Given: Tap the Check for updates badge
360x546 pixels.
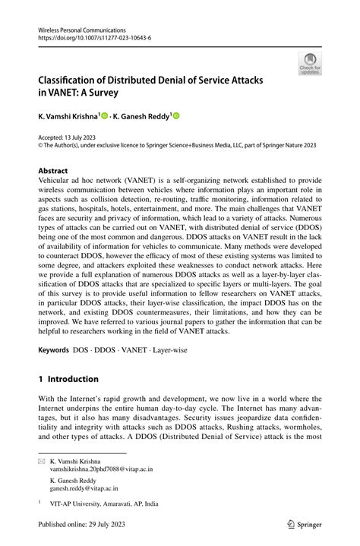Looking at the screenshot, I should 310,65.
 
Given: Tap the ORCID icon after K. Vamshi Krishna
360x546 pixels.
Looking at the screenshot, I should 106,117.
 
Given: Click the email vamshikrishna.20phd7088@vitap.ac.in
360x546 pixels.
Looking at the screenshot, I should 100,469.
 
